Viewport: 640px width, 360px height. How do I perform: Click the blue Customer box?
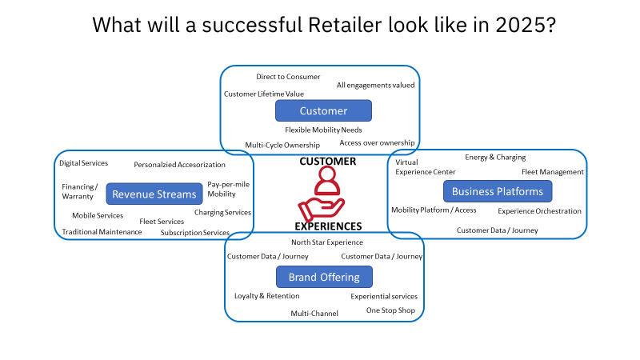323,110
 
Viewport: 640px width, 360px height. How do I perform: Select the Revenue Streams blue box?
154,194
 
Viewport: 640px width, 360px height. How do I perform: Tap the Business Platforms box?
497,191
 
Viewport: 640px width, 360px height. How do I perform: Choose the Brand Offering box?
323,277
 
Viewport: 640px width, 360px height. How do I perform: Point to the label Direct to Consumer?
288,77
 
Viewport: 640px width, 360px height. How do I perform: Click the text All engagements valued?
375,85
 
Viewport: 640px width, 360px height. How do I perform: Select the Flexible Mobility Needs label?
323,130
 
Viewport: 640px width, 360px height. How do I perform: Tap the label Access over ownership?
377,142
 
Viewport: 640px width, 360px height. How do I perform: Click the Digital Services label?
83,163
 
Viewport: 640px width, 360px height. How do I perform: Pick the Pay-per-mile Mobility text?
225,189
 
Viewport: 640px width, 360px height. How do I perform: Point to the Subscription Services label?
195,233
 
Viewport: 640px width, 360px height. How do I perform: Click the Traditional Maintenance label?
102,232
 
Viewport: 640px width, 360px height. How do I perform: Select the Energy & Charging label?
495,158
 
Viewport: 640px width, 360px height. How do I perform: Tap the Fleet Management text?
552,172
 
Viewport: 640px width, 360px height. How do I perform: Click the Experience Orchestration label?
539,211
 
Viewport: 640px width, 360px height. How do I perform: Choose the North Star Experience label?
326,242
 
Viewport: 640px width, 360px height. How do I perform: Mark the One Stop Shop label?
390,310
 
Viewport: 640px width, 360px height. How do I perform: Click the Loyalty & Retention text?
266,296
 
